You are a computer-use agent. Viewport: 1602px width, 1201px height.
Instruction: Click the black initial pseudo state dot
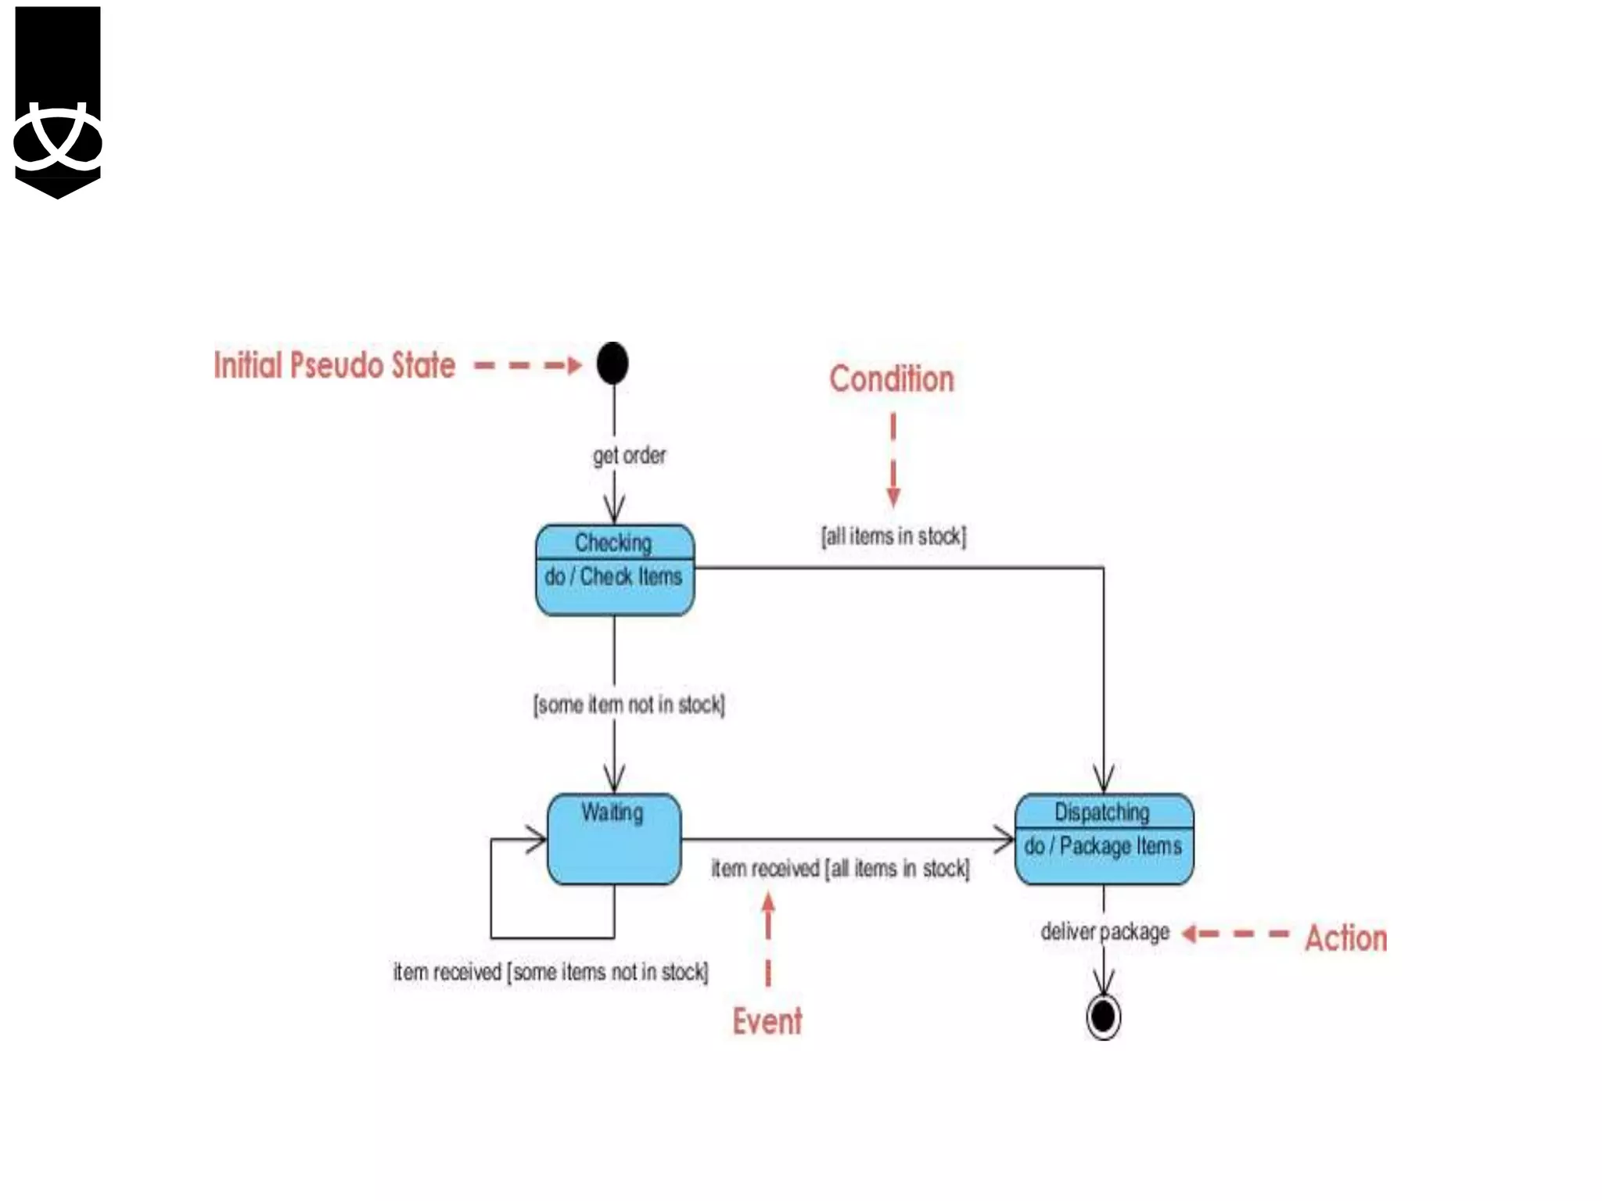click(612, 364)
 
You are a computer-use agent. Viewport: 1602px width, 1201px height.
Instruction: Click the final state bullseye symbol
click(1103, 1016)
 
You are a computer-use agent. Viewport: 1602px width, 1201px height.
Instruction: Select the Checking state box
click(614, 570)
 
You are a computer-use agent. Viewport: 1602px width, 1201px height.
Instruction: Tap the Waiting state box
click(614, 840)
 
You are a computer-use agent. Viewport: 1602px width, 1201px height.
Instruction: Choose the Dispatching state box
click(1104, 839)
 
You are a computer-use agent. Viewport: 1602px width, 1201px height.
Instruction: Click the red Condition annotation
click(892, 379)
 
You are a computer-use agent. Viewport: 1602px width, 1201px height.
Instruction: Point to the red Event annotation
click(767, 1021)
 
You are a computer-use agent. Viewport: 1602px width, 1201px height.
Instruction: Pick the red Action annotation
click(1345, 938)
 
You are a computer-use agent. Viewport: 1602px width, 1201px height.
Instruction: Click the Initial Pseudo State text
click(335, 365)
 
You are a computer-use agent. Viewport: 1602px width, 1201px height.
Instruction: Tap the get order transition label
click(630, 455)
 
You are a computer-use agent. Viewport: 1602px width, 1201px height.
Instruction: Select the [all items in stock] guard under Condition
click(893, 536)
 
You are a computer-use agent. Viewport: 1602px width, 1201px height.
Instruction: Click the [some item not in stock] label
click(629, 704)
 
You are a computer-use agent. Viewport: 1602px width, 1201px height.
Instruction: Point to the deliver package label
click(1105, 932)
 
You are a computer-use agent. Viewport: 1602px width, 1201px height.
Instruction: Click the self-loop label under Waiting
click(551, 972)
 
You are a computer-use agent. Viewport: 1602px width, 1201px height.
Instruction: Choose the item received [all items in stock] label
click(840, 869)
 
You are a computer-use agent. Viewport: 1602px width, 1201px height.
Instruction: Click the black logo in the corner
click(58, 102)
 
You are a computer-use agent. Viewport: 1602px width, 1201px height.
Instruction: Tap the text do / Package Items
click(1103, 846)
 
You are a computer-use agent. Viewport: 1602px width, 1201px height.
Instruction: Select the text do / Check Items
click(614, 577)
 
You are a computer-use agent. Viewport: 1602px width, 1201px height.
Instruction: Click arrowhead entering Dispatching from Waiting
click(1005, 840)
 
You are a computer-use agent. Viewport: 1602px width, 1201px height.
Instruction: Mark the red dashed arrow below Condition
click(893, 461)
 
